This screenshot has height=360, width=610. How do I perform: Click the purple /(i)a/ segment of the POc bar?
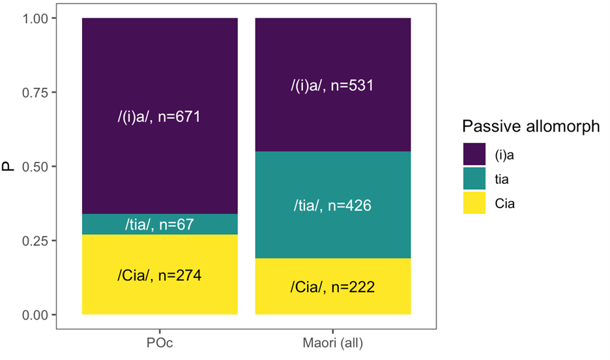click(160, 72)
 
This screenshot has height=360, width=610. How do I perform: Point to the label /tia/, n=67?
click(160, 225)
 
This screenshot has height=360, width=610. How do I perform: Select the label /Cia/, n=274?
click(160, 275)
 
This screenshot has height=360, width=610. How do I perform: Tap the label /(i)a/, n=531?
click(332, 85)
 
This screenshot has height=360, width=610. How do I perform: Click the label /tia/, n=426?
click(332, 206)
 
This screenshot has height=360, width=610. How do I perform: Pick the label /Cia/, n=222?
click(332, 287)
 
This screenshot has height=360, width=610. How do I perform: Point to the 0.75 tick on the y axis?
click(37, 93)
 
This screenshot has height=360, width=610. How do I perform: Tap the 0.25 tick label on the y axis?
click(37, 241)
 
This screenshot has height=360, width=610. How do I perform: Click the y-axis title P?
click(10, 167)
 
